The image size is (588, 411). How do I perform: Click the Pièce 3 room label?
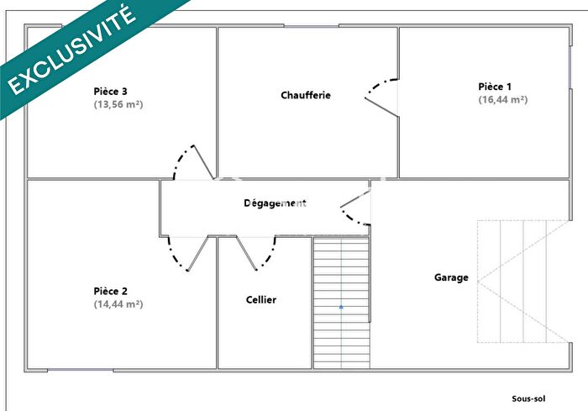coord(110,91)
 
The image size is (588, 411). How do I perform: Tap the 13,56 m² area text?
coord(118,105)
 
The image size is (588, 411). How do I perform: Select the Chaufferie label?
coord(306,95)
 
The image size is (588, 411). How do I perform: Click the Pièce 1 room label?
coord(495,86)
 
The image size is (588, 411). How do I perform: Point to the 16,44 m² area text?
coord(502,99)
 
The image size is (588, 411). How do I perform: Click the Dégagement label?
coord(275,203)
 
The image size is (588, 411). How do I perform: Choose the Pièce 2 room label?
coord(110,291)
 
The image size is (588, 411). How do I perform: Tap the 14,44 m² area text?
coord(118,304)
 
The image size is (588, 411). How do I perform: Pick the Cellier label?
coord(261,300)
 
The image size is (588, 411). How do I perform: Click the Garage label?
coord(451,277)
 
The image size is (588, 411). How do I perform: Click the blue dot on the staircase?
coord(341,308)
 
